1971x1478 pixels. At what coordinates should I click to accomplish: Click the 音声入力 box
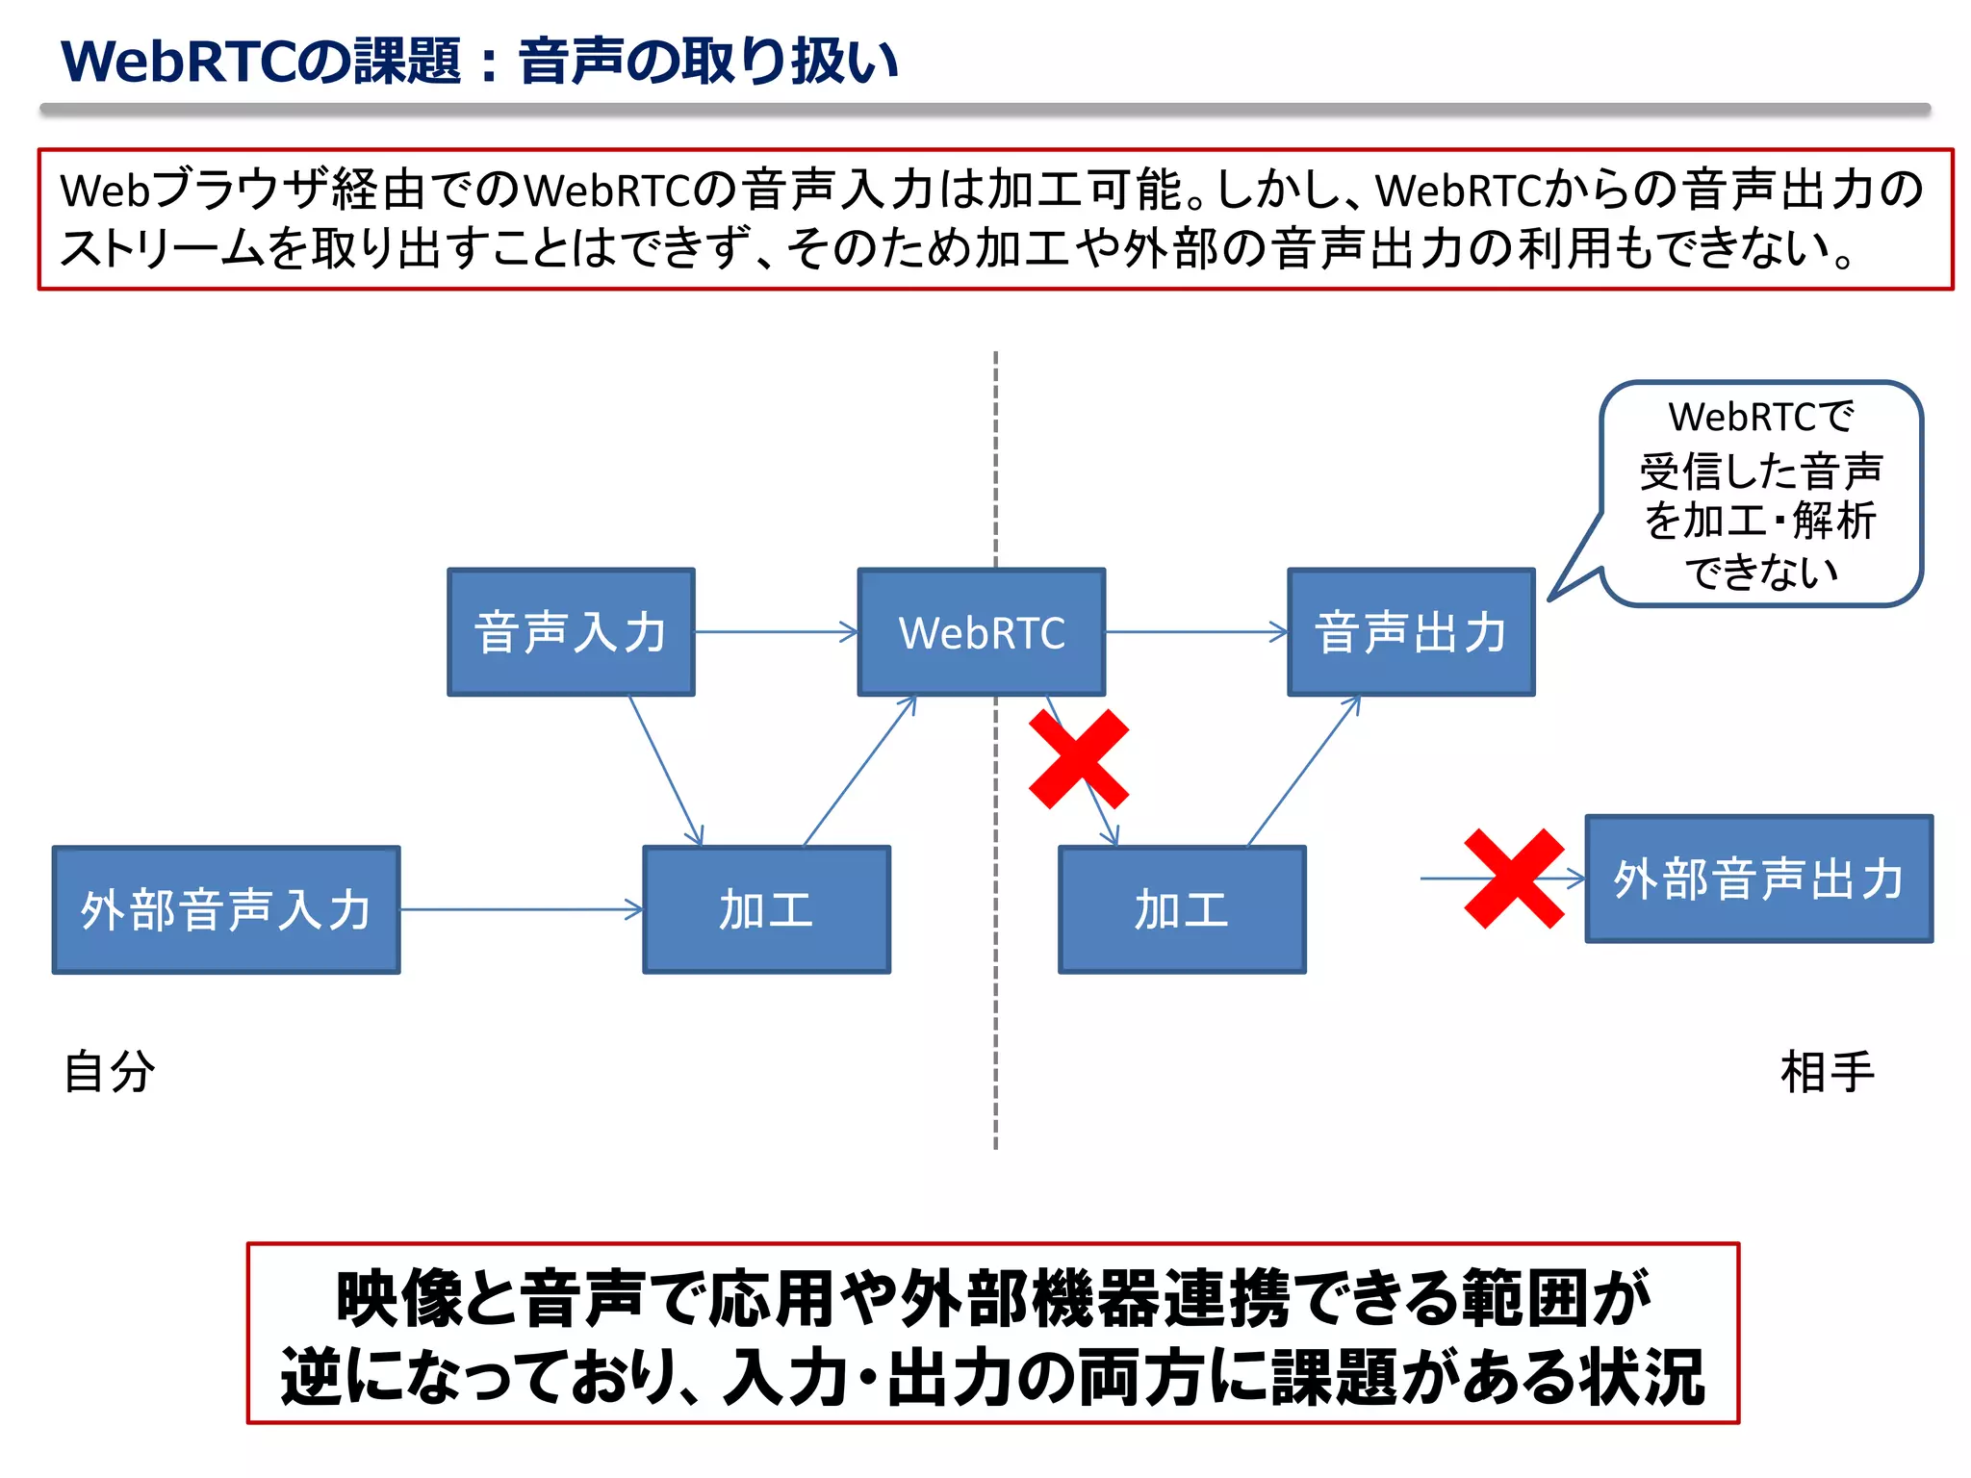pos(571,632)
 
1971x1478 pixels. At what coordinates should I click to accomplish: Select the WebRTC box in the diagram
pos(981,632)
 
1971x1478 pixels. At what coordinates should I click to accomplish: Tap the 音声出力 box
pos(1411,632)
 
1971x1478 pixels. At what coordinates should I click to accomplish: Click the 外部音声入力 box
pos(226,910)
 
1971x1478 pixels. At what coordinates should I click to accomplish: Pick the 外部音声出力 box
pos(1758,879)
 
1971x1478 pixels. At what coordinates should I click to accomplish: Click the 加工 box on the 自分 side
pos(766,910)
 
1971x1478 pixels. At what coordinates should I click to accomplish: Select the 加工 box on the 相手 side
pos(1182,910)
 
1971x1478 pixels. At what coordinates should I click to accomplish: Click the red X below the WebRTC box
pos(1079,759)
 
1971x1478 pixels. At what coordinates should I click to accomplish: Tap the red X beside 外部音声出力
pos(1514,879)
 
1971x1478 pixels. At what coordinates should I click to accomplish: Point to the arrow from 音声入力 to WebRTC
pos(775,632)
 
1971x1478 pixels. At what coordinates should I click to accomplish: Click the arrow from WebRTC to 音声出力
pos(1195,632)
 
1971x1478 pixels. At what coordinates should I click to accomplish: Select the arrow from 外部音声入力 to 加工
pos(520,909)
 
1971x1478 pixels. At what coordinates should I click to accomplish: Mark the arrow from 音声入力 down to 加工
pos(666,770)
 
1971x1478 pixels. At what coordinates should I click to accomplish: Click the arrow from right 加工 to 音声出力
pos(1304,770)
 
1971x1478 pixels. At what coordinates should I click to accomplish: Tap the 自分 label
pos(109,1072)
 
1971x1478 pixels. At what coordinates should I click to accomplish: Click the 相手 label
pos(1827,1072)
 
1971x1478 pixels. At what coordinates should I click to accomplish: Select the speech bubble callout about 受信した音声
pos(1760,494)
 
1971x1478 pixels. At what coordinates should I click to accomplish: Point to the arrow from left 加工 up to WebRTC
pos(859,770)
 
